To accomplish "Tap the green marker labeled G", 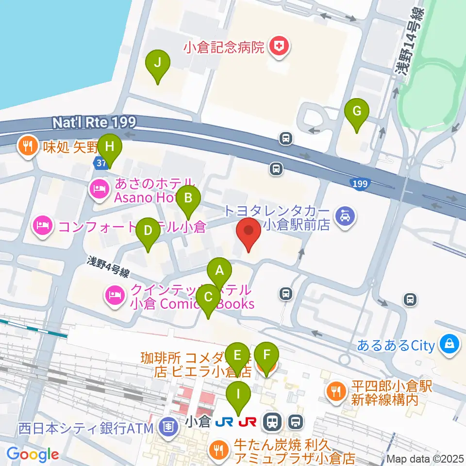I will pyautogui.click(x=357, y=112).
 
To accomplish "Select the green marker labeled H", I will pyautogui.click(x=109, y=147).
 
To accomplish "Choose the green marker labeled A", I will pyautogui.click(x=219, y=270).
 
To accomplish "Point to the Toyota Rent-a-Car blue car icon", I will pyautogui.click(x=345, y=215).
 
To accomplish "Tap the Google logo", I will pyautogui.click(x=32, y=454).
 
